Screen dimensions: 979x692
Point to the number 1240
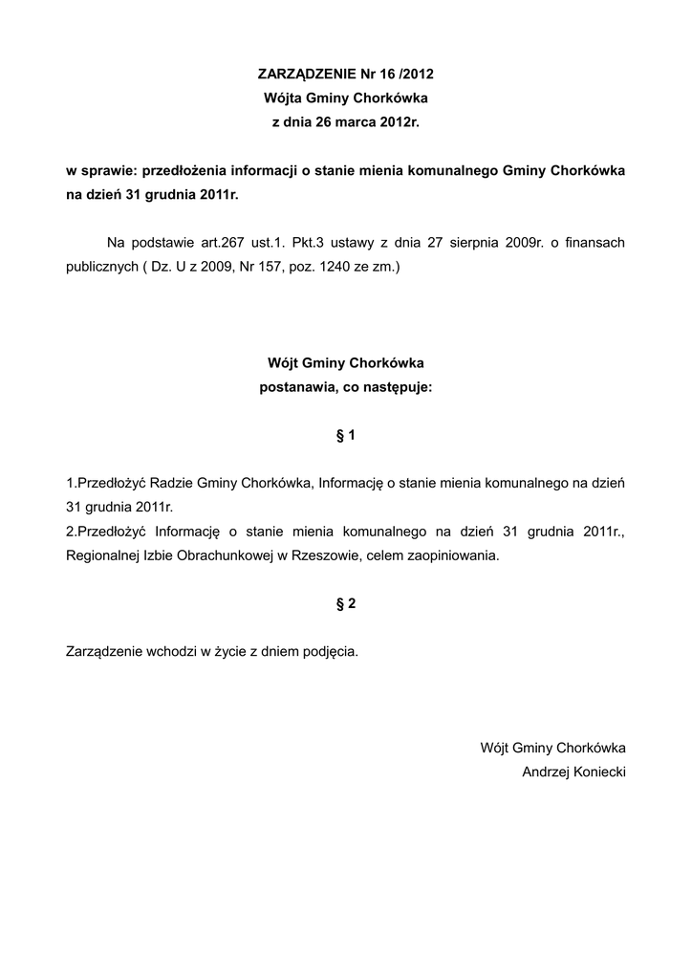(338, 268)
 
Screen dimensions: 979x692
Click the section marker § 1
(346, 436)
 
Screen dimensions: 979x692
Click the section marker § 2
(346, 603)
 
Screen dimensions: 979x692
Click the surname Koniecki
(599, 772)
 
